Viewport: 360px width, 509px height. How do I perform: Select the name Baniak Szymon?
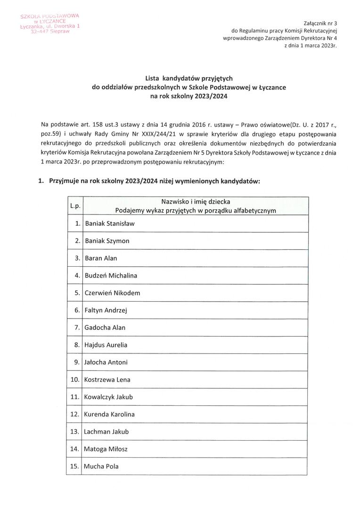click(x=107, y=241)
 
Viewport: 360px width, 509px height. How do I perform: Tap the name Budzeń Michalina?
click(x=111, y=275)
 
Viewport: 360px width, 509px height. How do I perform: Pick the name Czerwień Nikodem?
click(x=112, y=293)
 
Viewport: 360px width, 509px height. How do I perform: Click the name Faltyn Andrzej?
click(x=106, y=310)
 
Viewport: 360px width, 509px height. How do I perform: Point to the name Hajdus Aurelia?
click(x=106, y=345)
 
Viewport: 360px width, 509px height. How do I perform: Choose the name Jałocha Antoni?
click(x=106, y=362)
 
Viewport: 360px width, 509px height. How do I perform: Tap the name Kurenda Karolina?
click(x=109, y=414)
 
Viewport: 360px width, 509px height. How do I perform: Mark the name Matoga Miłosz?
click(x=106, y=449)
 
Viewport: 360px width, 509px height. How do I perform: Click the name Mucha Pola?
click(x=101, y=467)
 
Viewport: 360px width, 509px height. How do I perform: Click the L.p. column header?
click(x=75, y=206)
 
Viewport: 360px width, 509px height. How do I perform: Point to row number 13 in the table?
click(x=75, y=432)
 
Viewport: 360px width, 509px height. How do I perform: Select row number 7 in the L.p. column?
click(x=77, y=328)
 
